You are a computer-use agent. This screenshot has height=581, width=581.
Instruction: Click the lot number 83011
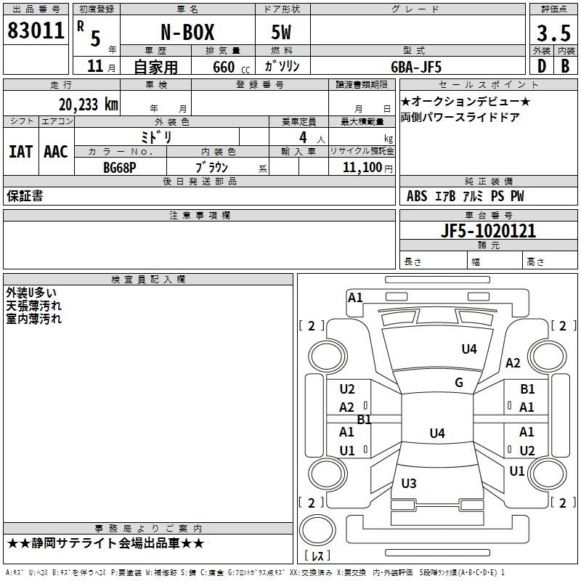click(36, 31)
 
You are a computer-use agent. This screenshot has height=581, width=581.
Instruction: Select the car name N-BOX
click(187, 32)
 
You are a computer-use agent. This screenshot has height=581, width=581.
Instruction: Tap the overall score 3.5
click(553, 33)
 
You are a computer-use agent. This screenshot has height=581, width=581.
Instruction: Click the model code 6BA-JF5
click(416, 67)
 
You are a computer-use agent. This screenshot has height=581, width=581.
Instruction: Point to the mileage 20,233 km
click(88, 105)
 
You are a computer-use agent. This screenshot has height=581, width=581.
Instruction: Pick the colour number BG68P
click(120, 168)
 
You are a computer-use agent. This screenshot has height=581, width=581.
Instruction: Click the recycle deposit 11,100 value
click(362, 168)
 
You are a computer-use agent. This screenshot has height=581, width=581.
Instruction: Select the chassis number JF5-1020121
click(488, 231)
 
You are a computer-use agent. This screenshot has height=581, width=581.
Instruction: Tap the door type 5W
click(281, 32)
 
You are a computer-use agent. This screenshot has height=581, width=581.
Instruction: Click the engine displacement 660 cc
click(231, 68)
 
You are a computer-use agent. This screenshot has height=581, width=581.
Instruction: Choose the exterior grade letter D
click(542, 66)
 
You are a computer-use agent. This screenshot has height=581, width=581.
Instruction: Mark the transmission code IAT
click(21, 152)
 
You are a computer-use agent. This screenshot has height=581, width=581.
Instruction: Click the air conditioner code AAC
click(56, 152)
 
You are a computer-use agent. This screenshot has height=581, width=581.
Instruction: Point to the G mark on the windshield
click(459, 382)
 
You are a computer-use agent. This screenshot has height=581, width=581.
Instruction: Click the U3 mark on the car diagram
click(409, 483)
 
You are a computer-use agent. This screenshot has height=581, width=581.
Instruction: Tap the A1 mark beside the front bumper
click(355, 298)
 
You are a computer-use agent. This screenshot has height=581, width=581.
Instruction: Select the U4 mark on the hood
click(469, 349)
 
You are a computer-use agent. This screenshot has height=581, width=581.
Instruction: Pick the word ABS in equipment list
click(417, 196)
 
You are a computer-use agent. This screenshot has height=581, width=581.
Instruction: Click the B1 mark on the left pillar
click(365, 420)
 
